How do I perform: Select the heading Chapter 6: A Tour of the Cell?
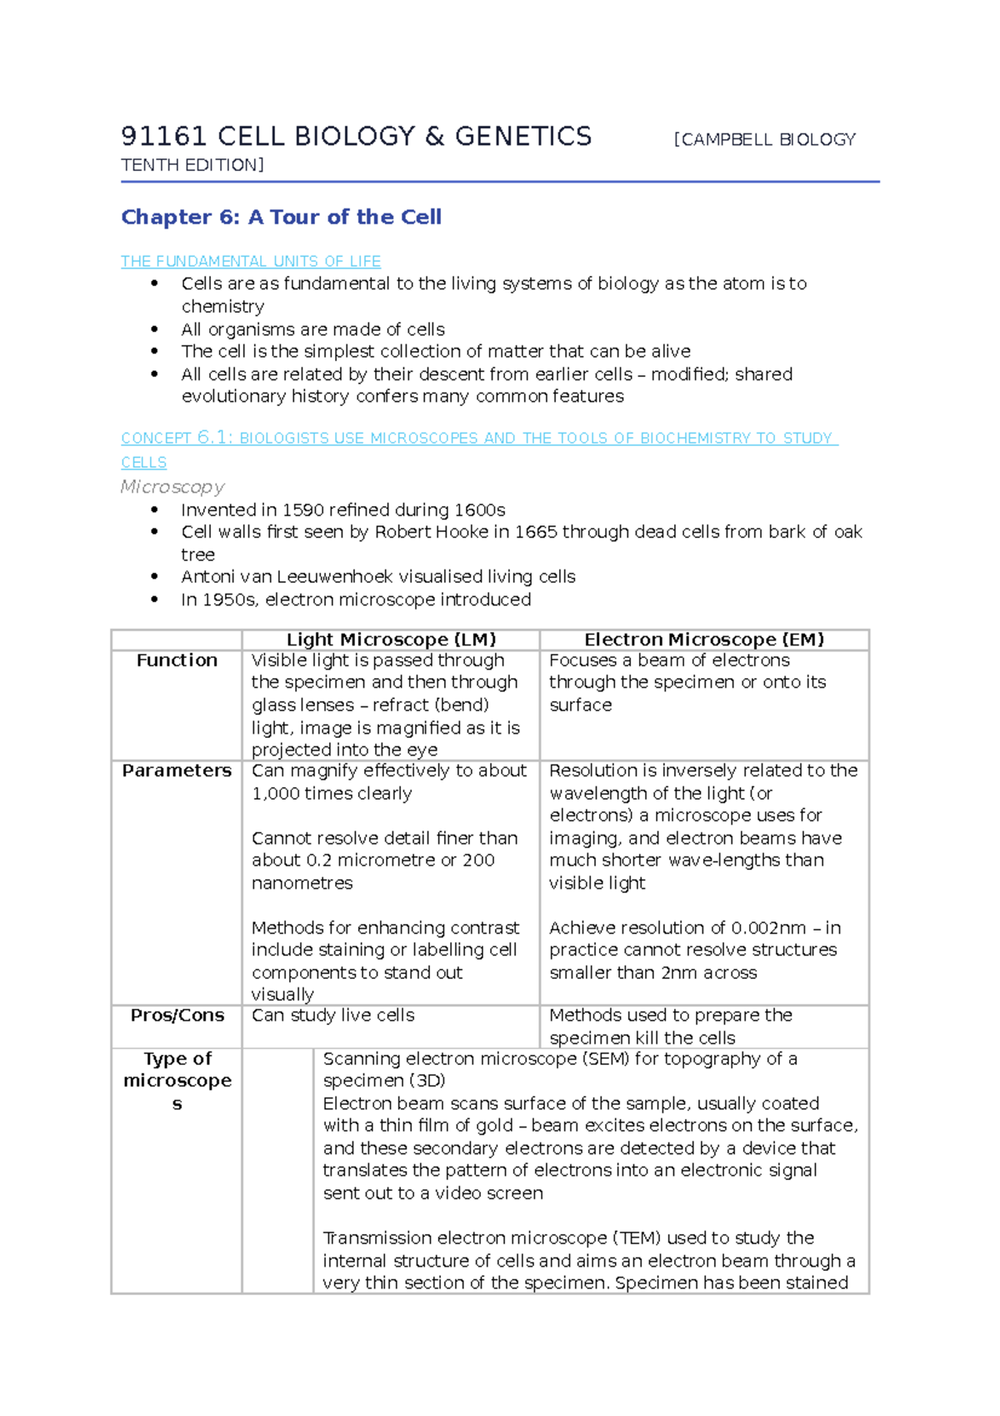tap(281, 217)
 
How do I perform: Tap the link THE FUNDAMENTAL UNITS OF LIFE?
tap(250, 262)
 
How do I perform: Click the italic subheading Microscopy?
tap(172, 487)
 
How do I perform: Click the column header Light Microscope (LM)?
tap(391, 640)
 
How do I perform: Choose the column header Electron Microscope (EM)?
tap(704, 640)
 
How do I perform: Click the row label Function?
tap(177, 660)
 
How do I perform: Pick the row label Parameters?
tap(177, 771)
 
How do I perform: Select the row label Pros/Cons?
tap(177, 1016)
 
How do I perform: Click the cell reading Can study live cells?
tap(332, 1016)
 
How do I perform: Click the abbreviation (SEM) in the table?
tap(606, 1059)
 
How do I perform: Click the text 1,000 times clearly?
tap(332, 794)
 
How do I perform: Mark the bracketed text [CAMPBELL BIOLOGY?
tap(764, 140)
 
